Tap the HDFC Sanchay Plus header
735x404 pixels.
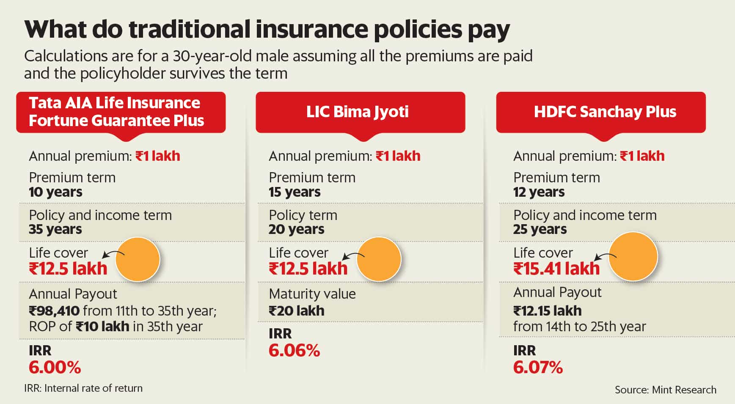[x=605, y=112]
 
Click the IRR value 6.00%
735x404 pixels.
[x=55, y=367]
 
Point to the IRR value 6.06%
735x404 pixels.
[x=294, y=350]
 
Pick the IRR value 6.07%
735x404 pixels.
[x=538, y=367]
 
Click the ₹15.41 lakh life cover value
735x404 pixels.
[x=556, y=269]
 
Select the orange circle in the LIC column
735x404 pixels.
[x=379, y=258]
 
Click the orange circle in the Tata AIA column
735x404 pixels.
[x=138, y=259]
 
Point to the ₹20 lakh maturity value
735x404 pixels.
[x=296, y=311]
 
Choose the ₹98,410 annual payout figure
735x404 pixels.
[x=54, y=311]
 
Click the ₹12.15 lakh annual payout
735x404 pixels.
[x=547, y=311]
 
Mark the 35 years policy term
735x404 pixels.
[x=55, y=229]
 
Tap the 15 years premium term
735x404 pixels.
[x=295, y=192]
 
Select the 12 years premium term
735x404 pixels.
[x=539, y=192]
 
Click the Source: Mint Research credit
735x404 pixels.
[x=665, y=390]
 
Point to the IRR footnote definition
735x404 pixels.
[x=83, y=388]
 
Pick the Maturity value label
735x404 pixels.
[x=312, y=294]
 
